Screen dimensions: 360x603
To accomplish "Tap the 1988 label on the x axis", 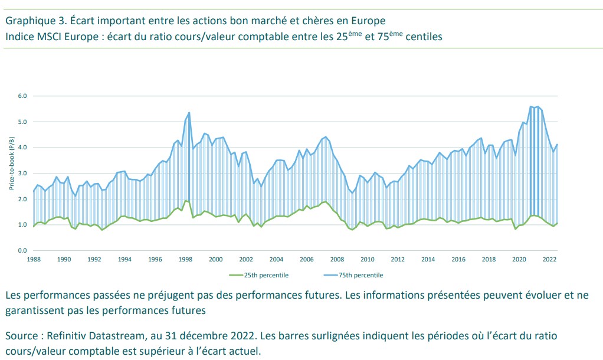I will tap(34, 260).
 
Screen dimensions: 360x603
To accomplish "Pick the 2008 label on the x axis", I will tap(337, 260).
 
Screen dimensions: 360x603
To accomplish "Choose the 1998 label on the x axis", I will tap(185, 260).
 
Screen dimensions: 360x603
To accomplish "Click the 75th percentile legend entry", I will tap(357, 275).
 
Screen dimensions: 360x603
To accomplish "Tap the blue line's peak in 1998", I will tap(189, 112).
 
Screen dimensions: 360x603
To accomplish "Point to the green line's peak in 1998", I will tap(185, 201).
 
